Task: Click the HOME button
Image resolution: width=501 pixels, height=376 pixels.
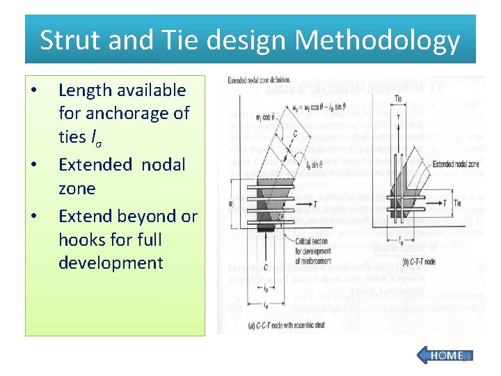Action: [445, 355]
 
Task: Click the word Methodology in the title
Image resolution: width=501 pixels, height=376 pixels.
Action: [377, 40]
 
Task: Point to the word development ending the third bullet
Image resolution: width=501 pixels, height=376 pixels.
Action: [111, 263]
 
